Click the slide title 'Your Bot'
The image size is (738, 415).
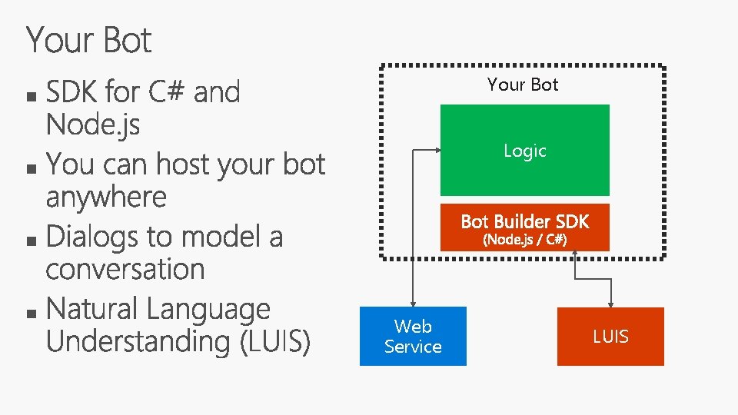tap(89, 40)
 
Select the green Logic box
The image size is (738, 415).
tap(524, 150)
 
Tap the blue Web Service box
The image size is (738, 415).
tap(413, 337)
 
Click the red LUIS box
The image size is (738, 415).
tap(610, 337)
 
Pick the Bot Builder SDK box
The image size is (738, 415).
tap(524, 222)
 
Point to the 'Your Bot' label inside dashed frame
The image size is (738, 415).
tap(523, 85)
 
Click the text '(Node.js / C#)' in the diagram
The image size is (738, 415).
tap(524, 240)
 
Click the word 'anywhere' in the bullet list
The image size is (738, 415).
tap(106, 198)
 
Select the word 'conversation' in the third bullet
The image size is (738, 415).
tap(125, 270)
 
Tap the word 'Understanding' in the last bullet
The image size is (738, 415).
tap(138, 342)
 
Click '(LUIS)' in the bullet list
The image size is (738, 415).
tap(275, 342)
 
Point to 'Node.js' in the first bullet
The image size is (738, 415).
tap(93, 124)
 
